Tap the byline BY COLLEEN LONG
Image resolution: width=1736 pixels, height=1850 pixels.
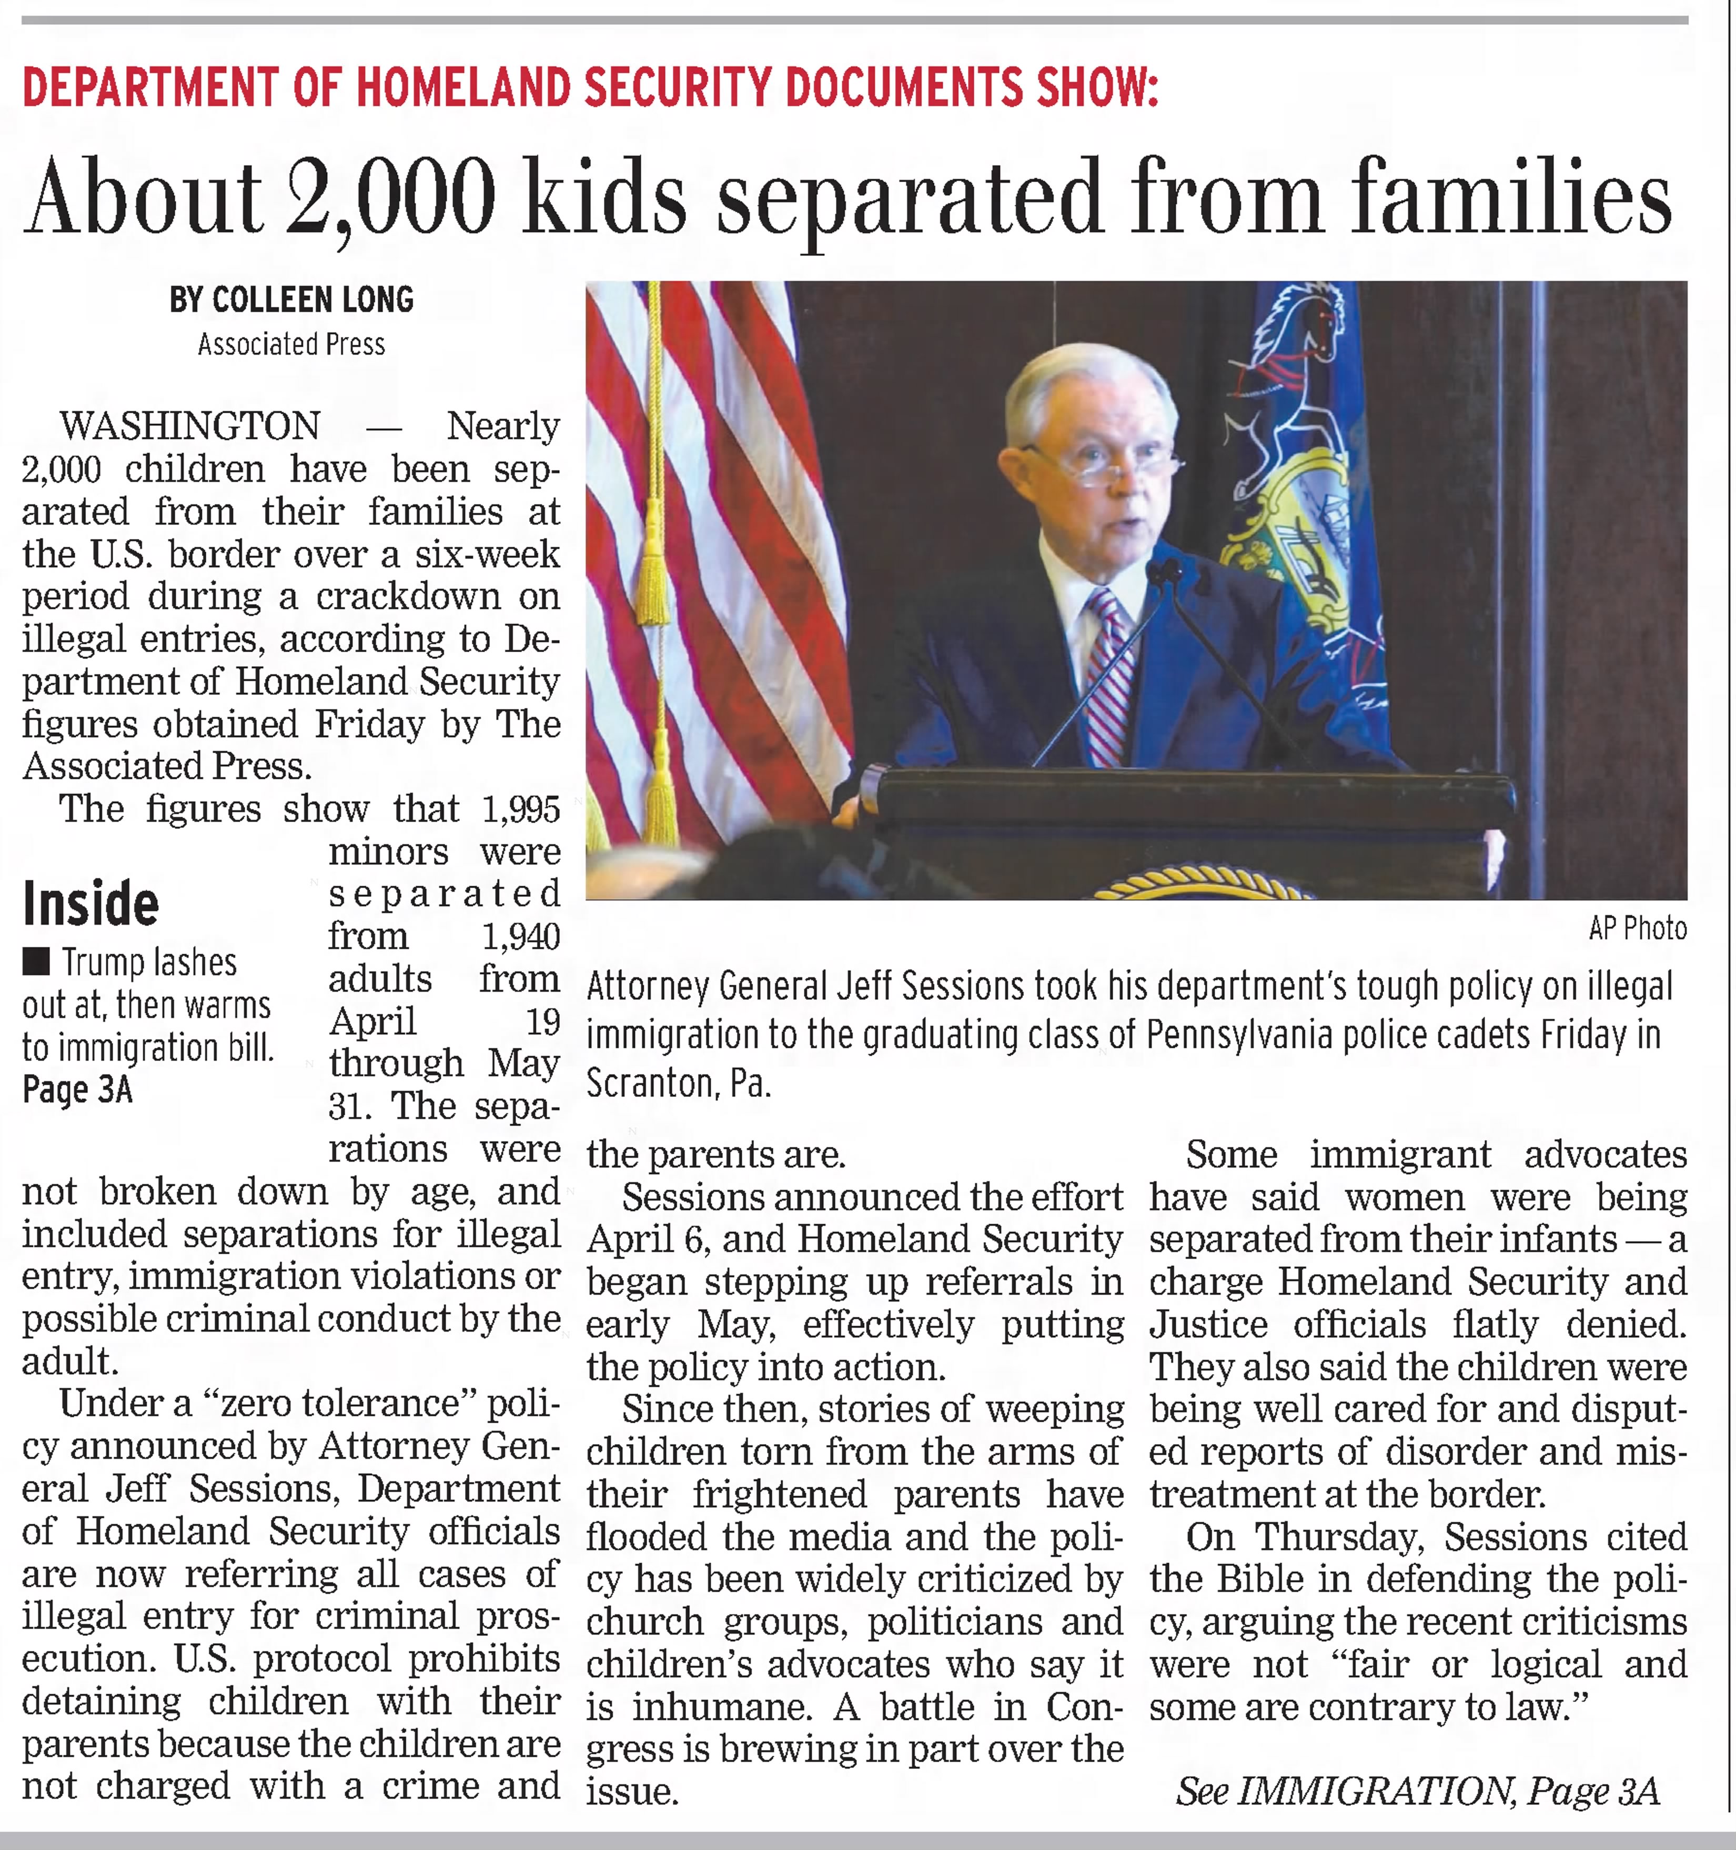coord(291,299)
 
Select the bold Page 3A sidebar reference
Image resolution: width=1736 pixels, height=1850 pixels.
coord(77,1089)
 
